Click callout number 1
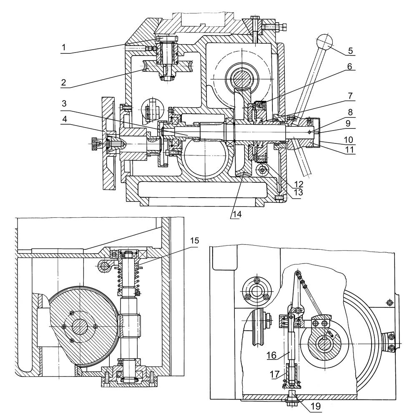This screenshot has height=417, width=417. pyautogui.click(x=63, y=48)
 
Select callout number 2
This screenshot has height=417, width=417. pyautogui.click(x=63, y=83)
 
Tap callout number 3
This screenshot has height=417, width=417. pyautogui.click(x=64, y=103)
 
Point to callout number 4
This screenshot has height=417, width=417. pyautogui.click(x=64, y=120)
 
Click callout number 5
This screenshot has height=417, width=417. pyautogui.click(x=351, y=50)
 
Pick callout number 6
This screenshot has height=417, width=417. pyautogui.click(x=350, y=66)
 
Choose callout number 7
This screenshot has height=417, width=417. pyautogui.click(x=350, y=96)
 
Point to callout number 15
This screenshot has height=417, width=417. pyautogui.click(x=194, y=241)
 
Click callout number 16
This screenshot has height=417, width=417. pyautogui.click(x=271, y=355)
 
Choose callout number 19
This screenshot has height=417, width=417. pyautogui.click(x=315, y=406)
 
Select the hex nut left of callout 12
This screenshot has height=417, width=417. pyautogui.click(x=262, y=169)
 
